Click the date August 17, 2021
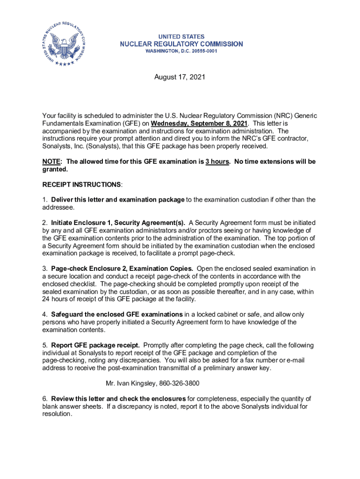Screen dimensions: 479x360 click(x=180, y=77)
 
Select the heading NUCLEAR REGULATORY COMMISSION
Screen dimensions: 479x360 click(x=181, y=44)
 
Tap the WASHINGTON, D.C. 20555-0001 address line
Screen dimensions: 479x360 click(x=181, y=51)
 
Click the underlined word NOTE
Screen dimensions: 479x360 click(x=51, y=161)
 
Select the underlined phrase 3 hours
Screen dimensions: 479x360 click(x=217, y=161)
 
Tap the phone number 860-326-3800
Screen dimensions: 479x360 click(x=179, y=384)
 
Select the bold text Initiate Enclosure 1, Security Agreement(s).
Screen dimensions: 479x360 click(x=118, y=222)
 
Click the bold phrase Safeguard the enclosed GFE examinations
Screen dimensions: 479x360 click(x=117, y=314)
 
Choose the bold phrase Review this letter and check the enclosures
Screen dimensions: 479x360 click(x=118, y=399)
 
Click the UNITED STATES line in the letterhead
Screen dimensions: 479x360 click(x=181, y=36)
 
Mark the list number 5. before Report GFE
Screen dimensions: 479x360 click(x=45, y=345)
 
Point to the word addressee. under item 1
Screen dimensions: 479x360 click(x=58, y=207)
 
